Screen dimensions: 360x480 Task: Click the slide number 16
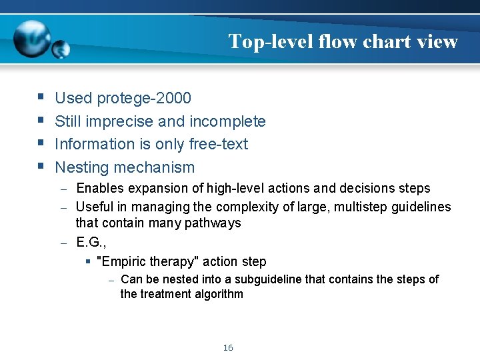228,348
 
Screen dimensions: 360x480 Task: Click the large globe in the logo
31,38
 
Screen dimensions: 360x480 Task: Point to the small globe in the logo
61,49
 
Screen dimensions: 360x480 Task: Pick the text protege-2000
143,99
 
